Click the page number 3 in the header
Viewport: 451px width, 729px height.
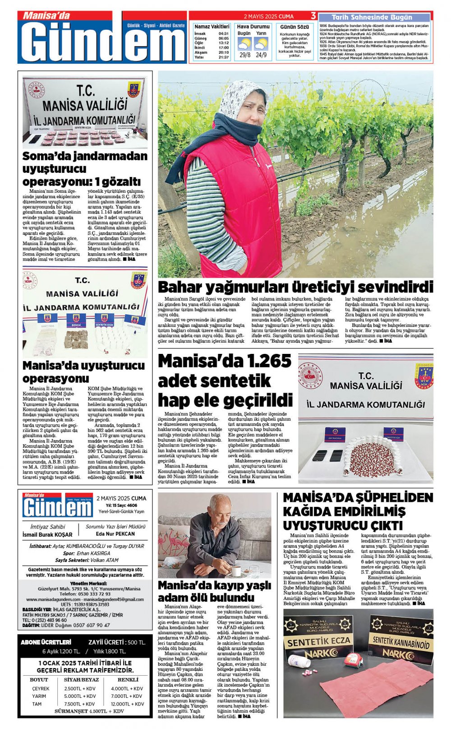tap(313, 16)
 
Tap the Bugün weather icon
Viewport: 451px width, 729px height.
tap(244, 44)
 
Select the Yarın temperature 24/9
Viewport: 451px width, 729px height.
tap(261, 55)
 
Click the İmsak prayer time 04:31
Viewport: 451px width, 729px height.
tap(223, 33)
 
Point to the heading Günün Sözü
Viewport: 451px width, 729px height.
tap(295, 27)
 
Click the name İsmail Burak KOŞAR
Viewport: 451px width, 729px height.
tap(47, 534)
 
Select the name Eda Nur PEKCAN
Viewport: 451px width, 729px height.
tap(115, 534)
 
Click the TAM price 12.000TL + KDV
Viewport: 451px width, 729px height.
tap(128, 704)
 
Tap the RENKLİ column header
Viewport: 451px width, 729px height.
tap(128, 679)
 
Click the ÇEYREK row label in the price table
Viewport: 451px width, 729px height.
tap(41, 689)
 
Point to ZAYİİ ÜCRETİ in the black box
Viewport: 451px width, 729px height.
tap(106, 642)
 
